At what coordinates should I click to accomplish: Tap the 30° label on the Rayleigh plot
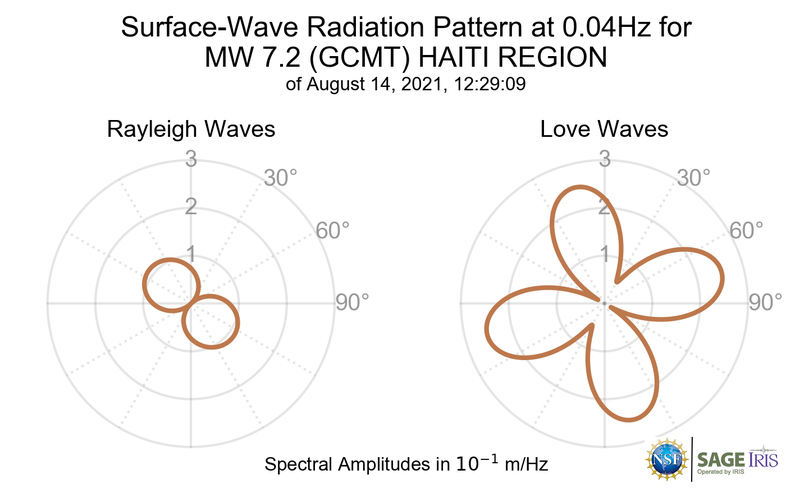(x=281, y=179)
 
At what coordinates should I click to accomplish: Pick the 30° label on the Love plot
(x=693, y=179)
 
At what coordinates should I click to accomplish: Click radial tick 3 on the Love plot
(x=603, y=158)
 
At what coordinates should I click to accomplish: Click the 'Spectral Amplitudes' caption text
(x=340, y=464)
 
